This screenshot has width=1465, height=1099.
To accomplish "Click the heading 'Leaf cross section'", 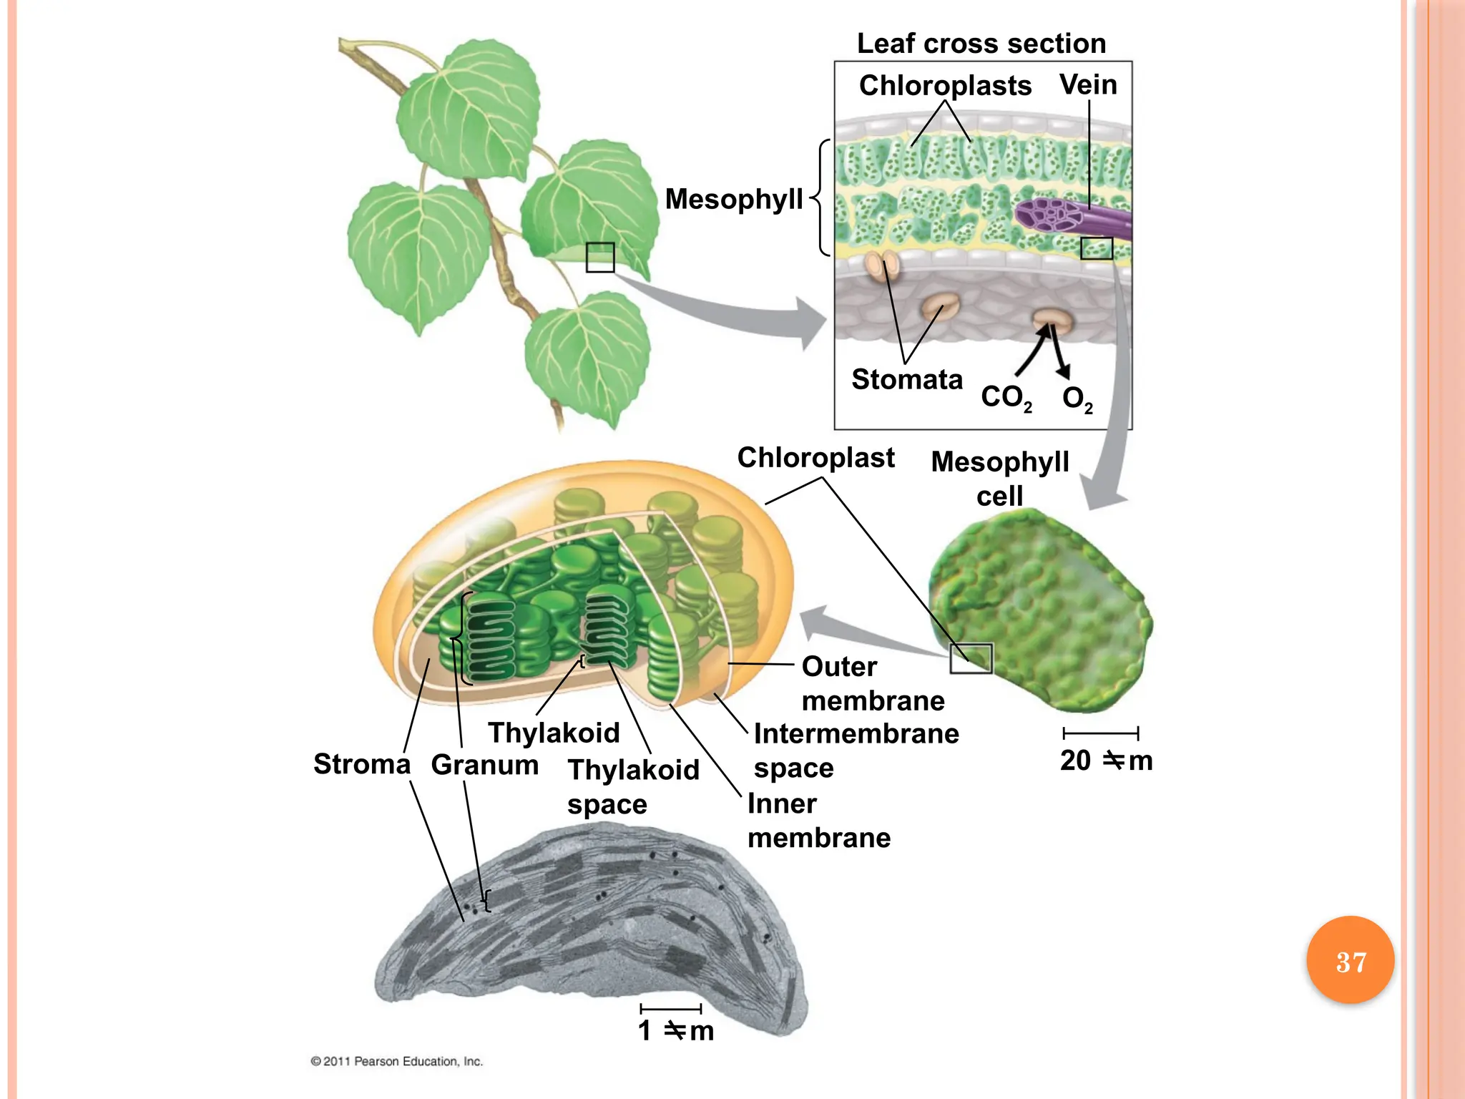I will (981, 44).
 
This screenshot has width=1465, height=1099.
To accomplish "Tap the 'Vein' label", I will (1088, 84).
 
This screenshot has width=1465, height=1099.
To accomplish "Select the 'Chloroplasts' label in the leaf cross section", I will (945, 85).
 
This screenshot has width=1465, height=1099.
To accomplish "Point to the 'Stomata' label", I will (907, 379).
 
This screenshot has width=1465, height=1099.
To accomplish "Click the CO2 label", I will (1006, 397).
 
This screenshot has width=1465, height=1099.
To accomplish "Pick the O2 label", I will (1077, 399).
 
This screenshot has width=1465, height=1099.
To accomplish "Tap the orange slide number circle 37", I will (1351, 961).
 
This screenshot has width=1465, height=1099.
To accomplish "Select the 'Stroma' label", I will (362, 764).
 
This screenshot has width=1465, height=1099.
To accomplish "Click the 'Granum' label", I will (485, 765).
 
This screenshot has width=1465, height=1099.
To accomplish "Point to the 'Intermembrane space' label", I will (856, 751).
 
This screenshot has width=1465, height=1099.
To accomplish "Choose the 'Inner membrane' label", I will (819, 821).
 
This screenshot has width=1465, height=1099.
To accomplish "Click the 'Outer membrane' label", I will (873, 683).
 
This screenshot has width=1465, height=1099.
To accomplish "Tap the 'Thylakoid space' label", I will (633, 787).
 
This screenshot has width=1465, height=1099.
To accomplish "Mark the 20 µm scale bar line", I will (1100, 733).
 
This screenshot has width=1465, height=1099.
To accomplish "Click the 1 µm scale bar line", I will (670, 1009).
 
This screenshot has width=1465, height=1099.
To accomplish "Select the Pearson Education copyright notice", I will (397, 1061).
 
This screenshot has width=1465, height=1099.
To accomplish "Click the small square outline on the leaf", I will (600, 258).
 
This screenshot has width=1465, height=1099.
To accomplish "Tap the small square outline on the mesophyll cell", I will (971, 658).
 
